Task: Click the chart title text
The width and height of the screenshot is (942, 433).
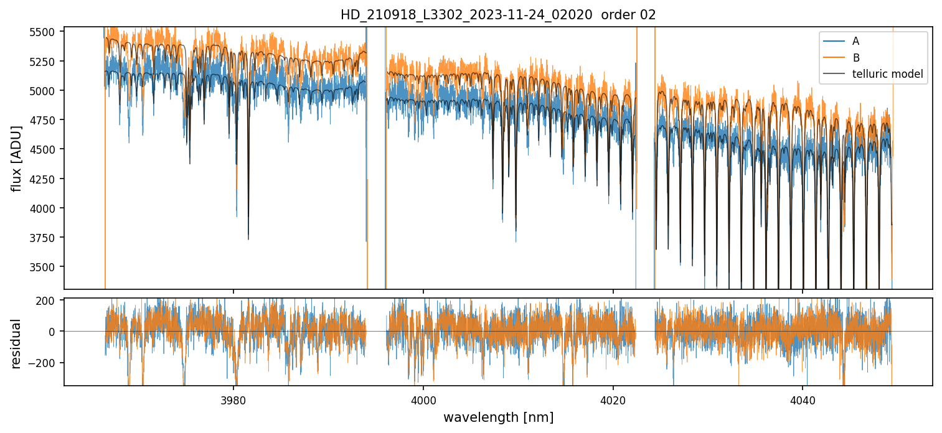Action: [x=498, y=15]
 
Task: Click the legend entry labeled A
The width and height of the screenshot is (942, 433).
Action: [x=855, y=41]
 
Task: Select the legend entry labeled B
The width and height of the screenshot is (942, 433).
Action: [x=855, y=58]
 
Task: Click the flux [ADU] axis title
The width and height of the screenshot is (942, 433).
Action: [x=17, y=158]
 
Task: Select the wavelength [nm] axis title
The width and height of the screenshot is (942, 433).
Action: [x=498, y=417]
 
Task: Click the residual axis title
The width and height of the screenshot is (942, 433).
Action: [x=17, y=343]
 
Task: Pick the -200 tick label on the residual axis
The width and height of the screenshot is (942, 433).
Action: [x=45, y=363]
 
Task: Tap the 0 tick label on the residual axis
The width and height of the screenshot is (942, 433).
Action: [x=55, y=332]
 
